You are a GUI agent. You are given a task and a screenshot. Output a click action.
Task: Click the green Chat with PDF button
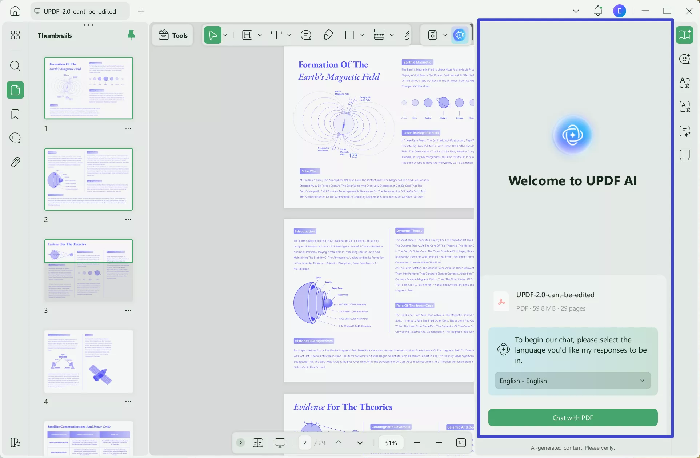coord(573,418)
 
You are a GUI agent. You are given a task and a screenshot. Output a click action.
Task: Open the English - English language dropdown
coord(573,381)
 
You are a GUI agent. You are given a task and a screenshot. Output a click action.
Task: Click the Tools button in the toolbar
coord(173,35)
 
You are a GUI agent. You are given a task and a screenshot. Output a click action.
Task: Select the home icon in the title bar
coord(15,11)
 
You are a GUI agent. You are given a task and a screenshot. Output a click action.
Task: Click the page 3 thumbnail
coord(89,270)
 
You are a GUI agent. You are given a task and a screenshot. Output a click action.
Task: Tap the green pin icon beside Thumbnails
coord(131,35)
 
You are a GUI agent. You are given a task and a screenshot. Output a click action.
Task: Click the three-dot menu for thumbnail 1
coord(128,128)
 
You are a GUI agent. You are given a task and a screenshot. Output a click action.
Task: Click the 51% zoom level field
coord(391,443)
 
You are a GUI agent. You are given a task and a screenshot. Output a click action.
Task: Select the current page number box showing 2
coord(305,443)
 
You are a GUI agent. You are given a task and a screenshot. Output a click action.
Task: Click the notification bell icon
coord(598,11)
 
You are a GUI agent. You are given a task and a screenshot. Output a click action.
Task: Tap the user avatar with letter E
coord(619,11)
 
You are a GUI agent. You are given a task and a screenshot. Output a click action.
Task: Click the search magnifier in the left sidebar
coord(15,66)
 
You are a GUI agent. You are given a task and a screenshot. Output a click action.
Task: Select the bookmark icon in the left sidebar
coord(15,114)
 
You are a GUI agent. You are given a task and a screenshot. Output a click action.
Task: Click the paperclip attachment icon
coord(15,162)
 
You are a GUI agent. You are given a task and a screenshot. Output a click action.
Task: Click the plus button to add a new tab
coord(141,11)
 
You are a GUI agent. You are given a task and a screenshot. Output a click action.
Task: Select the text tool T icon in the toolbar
coord(276,35)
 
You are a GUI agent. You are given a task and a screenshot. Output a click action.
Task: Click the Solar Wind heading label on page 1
coord(309,171)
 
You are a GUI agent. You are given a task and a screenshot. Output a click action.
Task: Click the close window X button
coord(689,11)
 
